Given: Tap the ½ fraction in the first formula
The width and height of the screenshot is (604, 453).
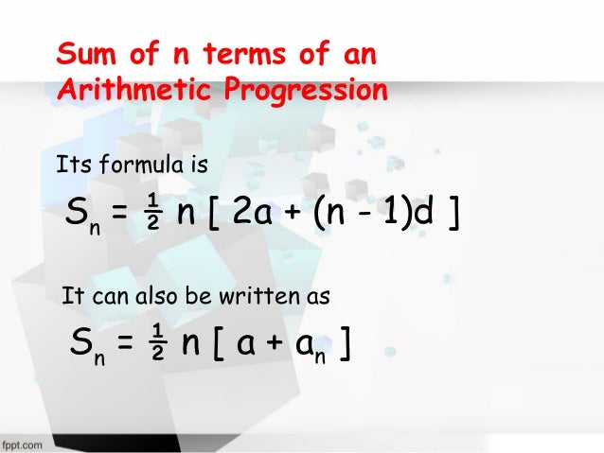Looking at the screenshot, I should click(x=150, y=217).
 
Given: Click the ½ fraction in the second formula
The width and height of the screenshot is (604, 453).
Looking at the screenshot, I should click(x=160, y=345).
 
